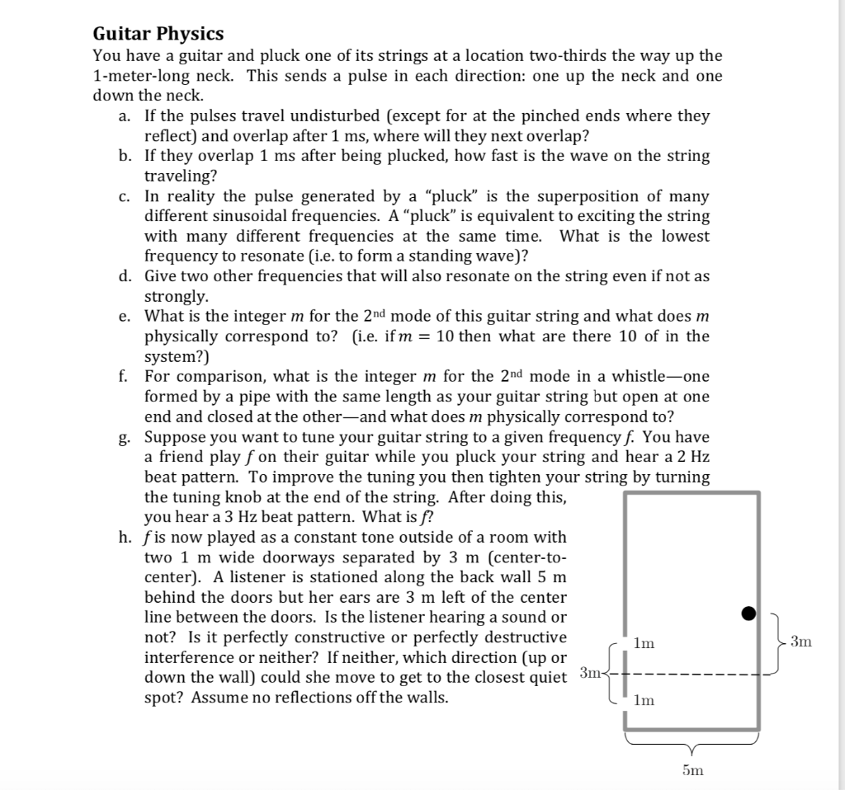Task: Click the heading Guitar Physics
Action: (x=158, y=34)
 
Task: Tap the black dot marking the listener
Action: (x=748, y=613)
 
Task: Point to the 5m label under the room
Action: (x=692, y=770)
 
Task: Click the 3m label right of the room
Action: (x=800, y=641)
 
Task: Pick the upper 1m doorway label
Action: (x=644, y=643)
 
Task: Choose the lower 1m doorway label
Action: (x=644, y=701)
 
